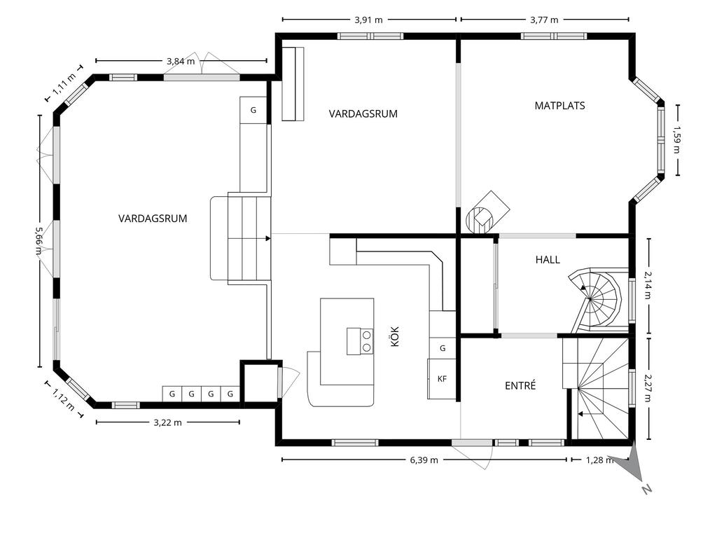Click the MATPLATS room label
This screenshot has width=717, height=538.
pos(559,106)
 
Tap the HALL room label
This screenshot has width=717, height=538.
pos(548,260)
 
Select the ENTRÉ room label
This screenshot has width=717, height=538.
pos(520,386)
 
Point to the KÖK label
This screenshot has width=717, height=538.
pos(395,336)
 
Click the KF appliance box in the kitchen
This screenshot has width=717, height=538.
pos(443,379)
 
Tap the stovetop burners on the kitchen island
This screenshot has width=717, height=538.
pos(361,341)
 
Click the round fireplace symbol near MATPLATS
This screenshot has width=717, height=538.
pos(478,220)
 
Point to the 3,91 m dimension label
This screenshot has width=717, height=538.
pos(368,20)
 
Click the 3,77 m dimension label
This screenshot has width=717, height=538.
pos(544,20)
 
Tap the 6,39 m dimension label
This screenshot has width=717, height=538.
pos(424,460)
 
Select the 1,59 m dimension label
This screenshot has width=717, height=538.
pos(677,140)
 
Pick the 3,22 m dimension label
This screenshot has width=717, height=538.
pos(168,422)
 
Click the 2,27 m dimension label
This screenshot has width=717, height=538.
pos(648,388)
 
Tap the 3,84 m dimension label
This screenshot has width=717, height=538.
pos(181,61)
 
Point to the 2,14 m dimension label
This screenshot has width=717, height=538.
pos(648,285)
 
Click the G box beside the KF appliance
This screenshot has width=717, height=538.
pos(443,348)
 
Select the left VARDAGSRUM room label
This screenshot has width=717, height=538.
pos(153,219)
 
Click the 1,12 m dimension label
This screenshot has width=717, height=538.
pos(63,399)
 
